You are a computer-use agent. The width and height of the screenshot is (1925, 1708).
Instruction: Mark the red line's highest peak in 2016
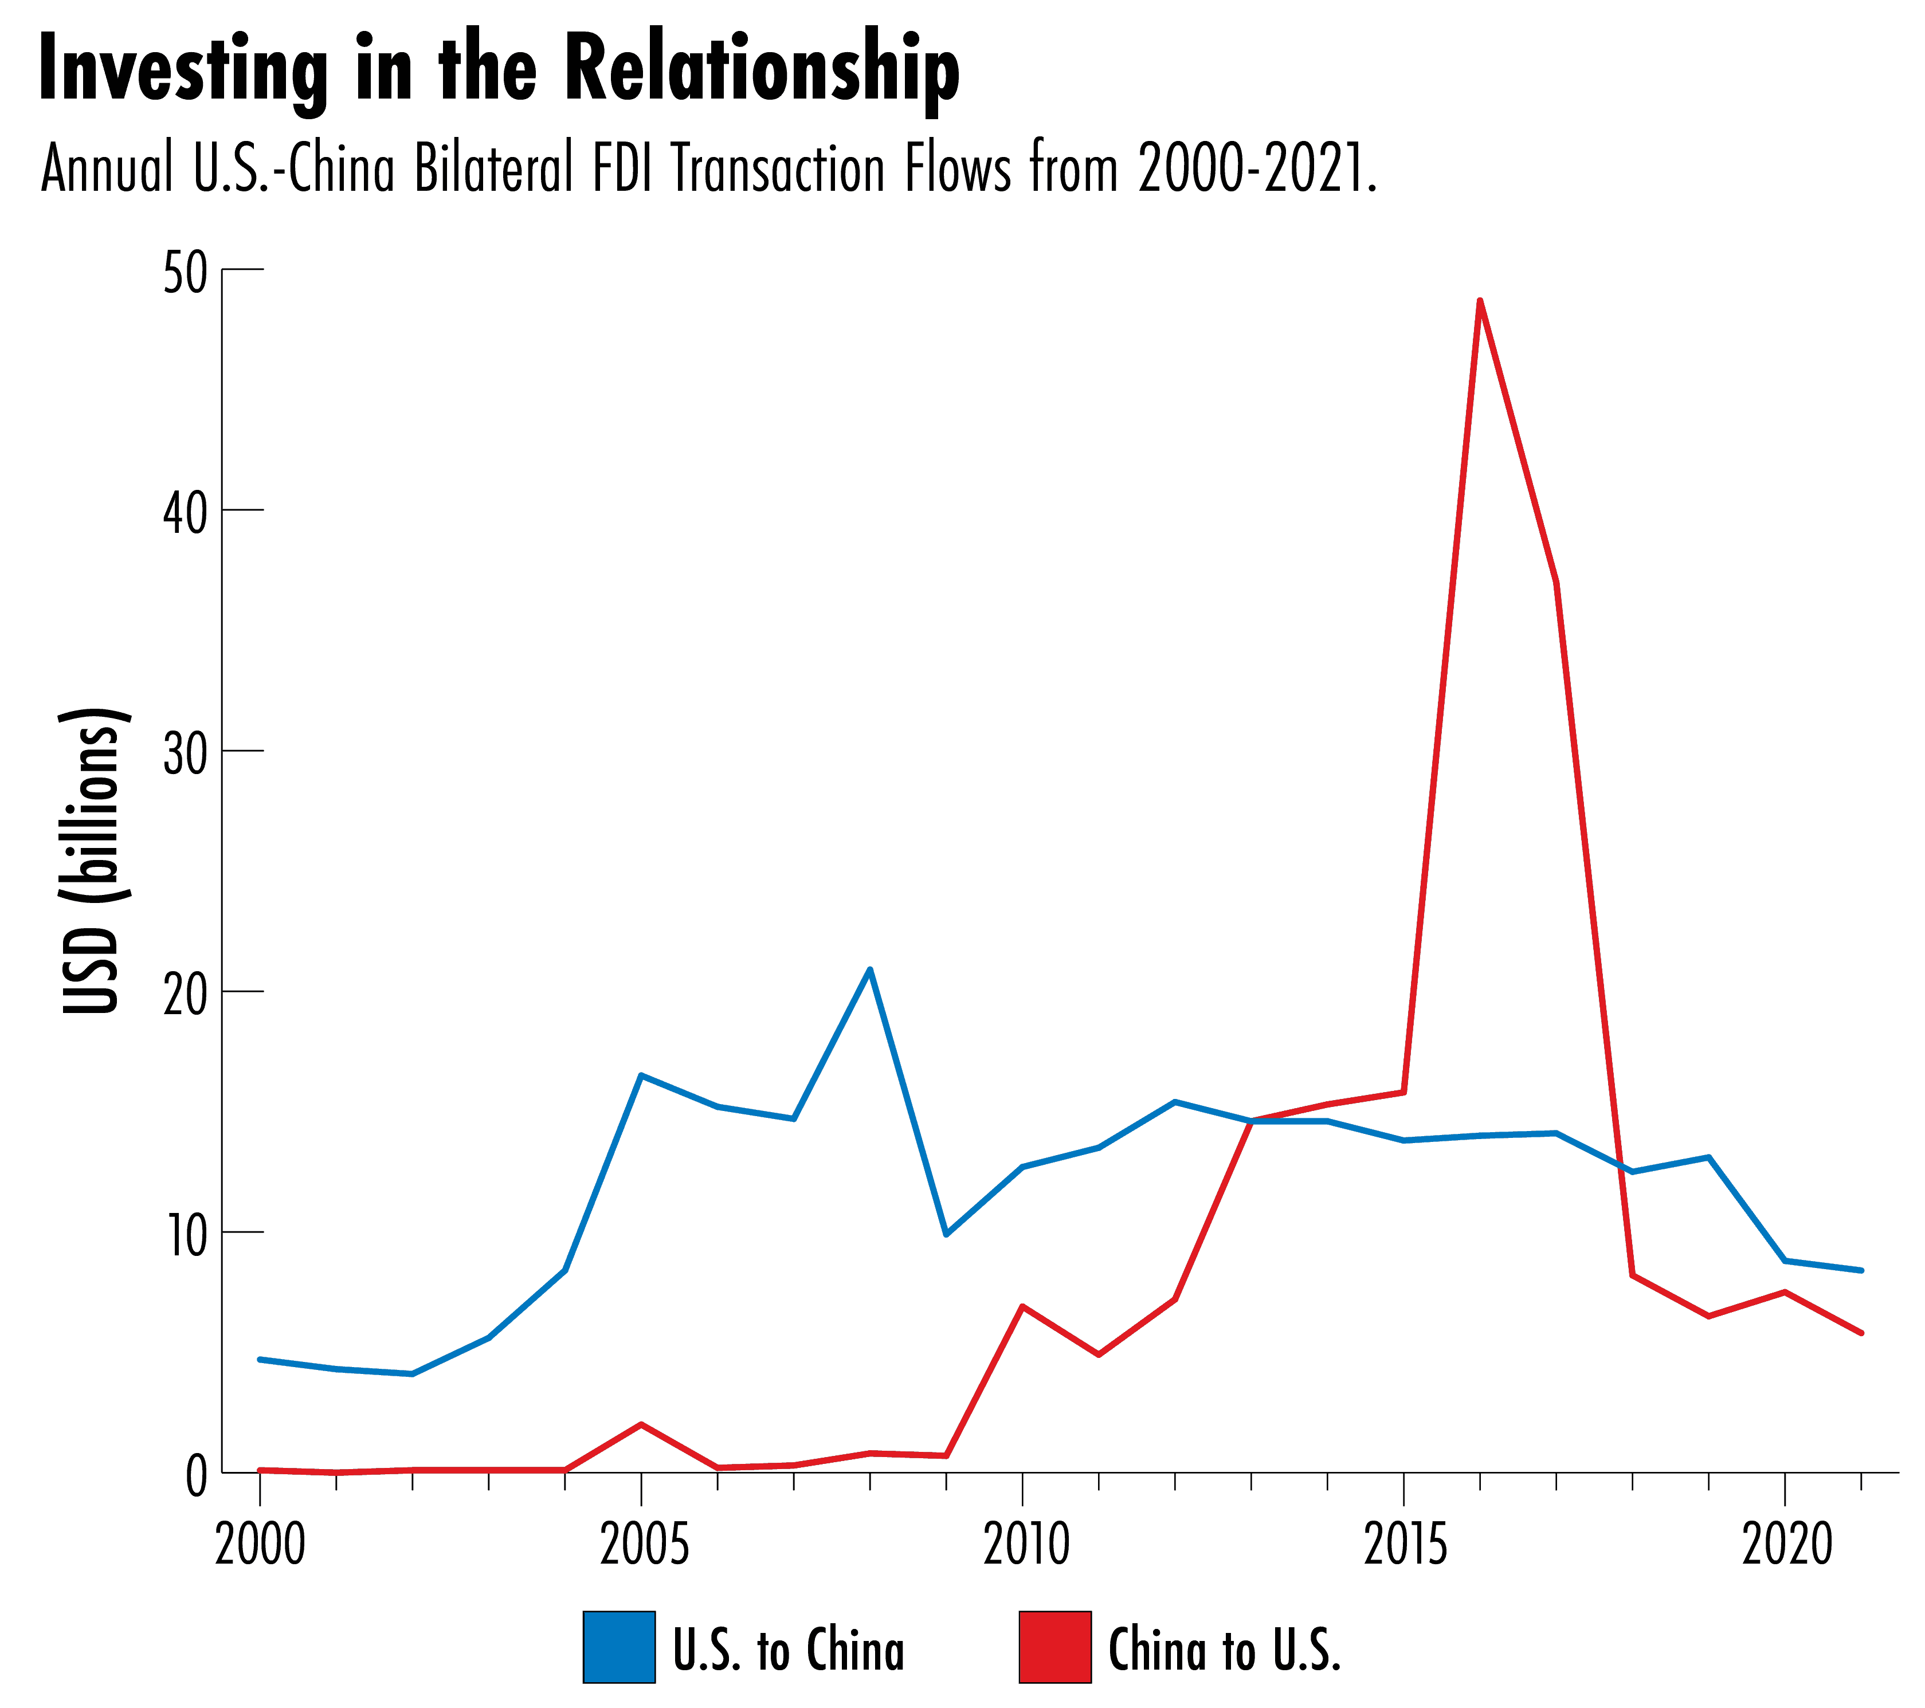[1480, 301]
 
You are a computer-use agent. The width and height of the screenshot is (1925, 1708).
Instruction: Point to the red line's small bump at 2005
[641, 1424]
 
